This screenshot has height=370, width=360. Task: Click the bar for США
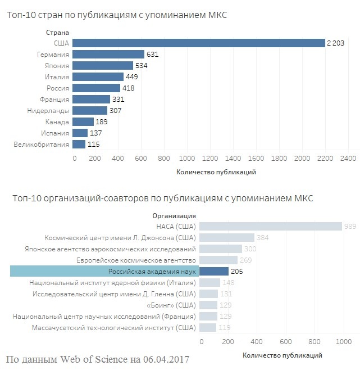click(199, 43)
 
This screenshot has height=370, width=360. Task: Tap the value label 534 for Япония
click(142, 66)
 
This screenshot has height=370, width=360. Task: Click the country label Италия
click(57, 77)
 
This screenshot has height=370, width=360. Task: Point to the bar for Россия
click(96, 88)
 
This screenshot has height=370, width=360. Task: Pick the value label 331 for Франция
click(118, 100)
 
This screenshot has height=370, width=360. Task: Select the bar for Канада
click(83, 122)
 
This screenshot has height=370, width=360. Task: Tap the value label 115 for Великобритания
click(93, 145)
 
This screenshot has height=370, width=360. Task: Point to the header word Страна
click(57, 33)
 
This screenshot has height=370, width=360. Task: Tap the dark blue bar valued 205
click(214, 272)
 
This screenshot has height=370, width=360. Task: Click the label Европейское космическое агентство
click(136, 260)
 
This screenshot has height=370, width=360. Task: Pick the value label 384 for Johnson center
click(262, 238)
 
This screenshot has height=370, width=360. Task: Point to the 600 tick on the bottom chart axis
click(285, 342)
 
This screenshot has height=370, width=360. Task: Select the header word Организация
click(174, 215)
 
